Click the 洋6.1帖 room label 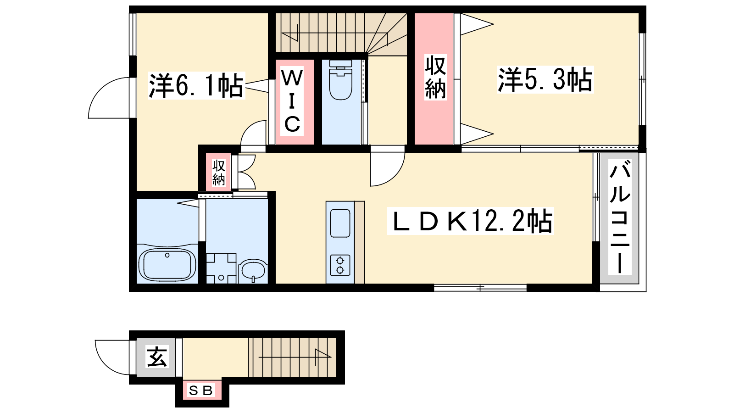pos(196,85)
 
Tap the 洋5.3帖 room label pos(545,79)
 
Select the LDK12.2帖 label pos(471,221)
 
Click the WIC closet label pos(292,101)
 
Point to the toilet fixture pos(341,80)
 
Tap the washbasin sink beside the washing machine pos(253,270)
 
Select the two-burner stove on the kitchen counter pos(340,265)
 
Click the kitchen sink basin pos(340,223)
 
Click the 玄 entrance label pos(157,357)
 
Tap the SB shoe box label pos(201,391)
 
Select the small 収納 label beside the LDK pos(218,173)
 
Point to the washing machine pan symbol pos(221,268)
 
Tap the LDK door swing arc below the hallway pos(395,176)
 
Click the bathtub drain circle pos(167,255)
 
